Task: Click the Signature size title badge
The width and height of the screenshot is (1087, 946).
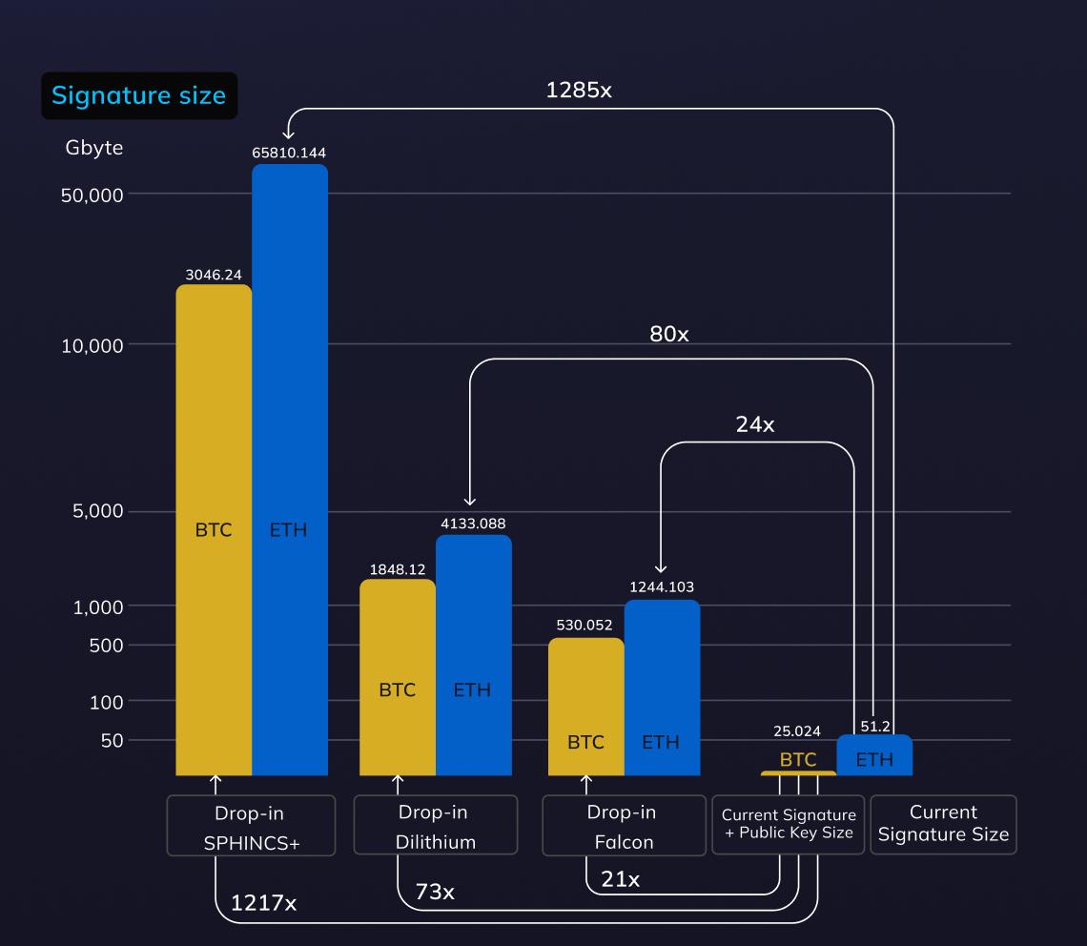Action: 138,95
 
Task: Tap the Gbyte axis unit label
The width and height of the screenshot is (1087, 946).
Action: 94,148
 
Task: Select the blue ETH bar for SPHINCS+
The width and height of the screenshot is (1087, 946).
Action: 289,467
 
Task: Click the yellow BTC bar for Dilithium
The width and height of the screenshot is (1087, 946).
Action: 397,677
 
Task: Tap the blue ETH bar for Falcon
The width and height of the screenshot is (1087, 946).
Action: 661,687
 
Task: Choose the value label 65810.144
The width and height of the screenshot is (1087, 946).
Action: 289,152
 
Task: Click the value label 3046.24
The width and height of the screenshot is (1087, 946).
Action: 214,275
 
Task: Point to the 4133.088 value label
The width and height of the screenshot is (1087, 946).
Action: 473,523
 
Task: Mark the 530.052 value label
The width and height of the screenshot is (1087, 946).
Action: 585,625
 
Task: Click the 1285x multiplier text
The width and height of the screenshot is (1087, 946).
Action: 579,91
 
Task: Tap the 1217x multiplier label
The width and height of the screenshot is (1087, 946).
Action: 264,902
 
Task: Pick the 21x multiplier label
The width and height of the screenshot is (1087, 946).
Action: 620,879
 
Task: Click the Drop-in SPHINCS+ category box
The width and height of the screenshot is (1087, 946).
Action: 251,825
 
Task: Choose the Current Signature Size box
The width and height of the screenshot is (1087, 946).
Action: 943,824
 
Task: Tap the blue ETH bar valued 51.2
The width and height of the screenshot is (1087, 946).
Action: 874,755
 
